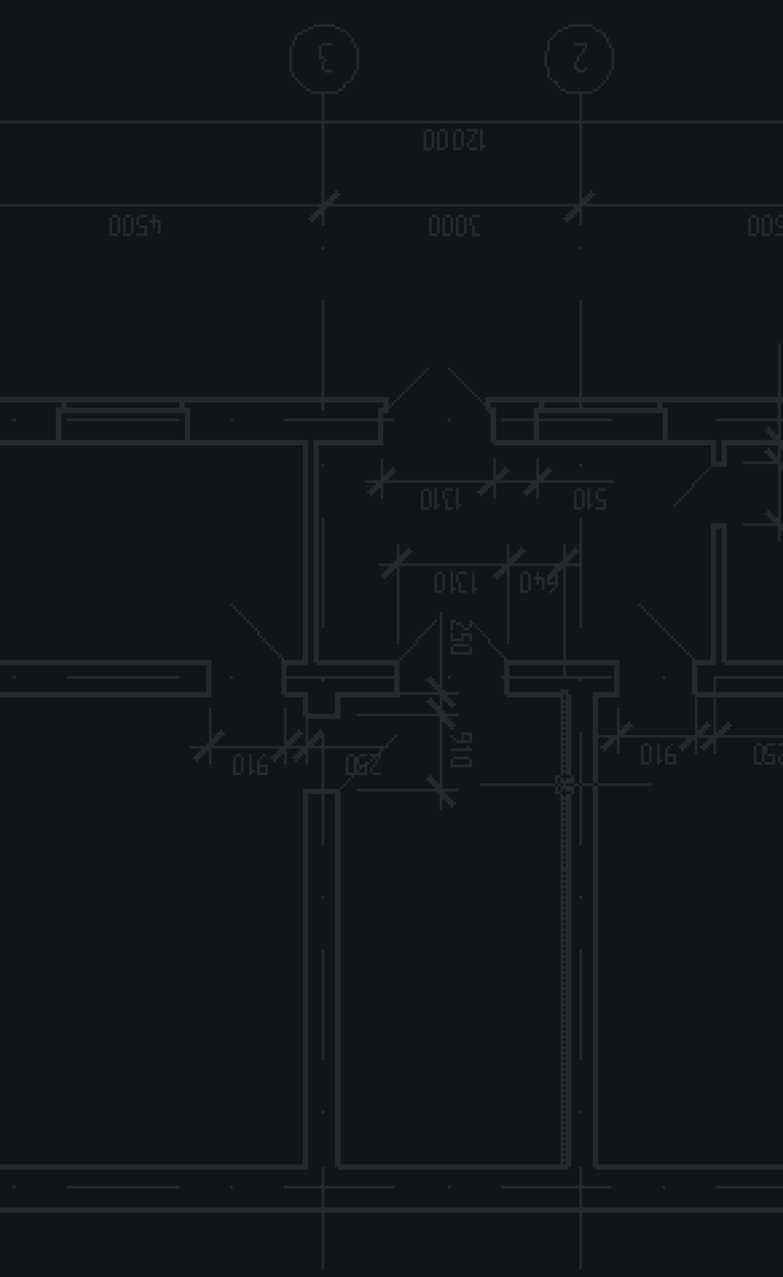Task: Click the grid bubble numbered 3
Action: point(324,59)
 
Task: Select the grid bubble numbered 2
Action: point(580,59)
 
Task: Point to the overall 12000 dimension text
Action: point(455,140)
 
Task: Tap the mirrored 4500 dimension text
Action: point(135,225)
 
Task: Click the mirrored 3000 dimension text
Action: point(454,225)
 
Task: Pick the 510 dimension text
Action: point(590,499)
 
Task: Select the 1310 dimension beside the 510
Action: point(441,499)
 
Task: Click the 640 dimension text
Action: point(538,582)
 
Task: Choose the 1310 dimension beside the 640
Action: point(455,582)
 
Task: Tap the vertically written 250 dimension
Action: point(460,638)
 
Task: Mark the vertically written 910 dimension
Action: point(460,749)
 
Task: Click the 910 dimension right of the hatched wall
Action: point(658,754)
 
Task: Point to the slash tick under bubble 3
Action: point(324,207)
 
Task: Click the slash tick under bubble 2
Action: point(579,207)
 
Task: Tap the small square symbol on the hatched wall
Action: point(563,784)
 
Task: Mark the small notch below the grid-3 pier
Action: point(322,705)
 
